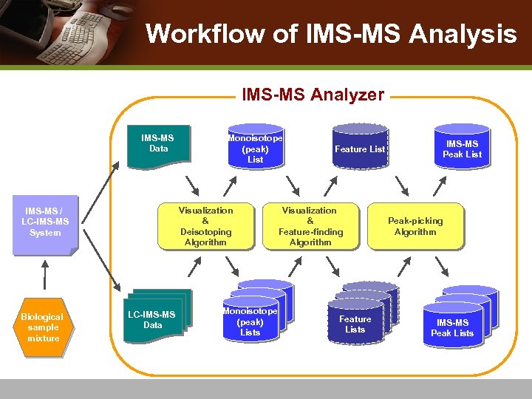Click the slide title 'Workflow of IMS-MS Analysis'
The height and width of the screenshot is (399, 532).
pyautogui.click(x=331, y=34)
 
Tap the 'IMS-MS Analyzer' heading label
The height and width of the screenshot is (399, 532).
pyautogui.click(x=313, y=95)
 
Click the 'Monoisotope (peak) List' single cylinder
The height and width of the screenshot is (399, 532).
pyautogui.click(x=255, y=149)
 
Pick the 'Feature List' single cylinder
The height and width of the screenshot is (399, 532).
pyautogui.click(x=360, y=149)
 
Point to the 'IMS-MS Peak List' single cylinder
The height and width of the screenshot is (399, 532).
pyautogui.click(x=462, y=149)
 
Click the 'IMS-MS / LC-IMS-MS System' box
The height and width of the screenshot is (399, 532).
pyautogui.click(x=45, y=222)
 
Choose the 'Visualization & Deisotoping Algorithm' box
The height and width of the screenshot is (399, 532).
pyautogui.click(x=205, y=226)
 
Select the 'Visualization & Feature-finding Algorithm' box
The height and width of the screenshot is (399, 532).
pyautogui.click(x=310, y=226)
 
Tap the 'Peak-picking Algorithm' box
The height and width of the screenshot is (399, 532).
pyautogui.click(x=415, y=226)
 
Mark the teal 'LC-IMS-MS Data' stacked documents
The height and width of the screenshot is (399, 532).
pyautogui.click(x=154, y=319)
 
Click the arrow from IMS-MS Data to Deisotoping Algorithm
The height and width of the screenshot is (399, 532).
pyautogui.click(x=192, y=183)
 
